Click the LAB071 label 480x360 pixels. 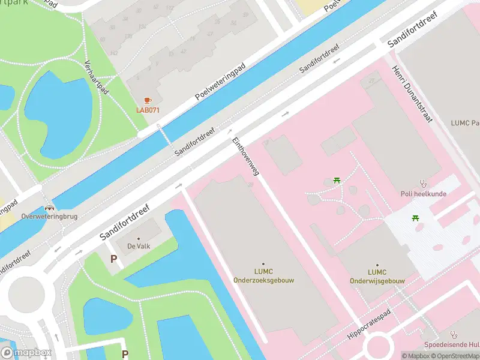148,110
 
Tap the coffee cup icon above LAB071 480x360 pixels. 148,101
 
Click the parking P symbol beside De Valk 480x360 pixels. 113,259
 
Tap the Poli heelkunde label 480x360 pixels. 423,194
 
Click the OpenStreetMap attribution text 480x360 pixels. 455,356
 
